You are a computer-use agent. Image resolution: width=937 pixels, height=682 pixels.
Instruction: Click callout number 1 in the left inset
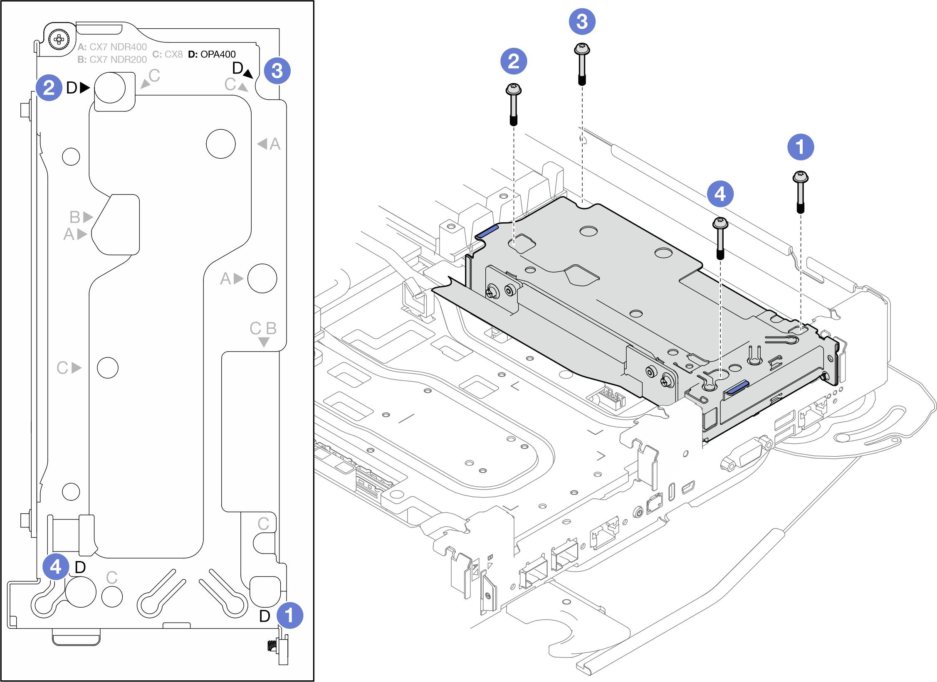(x=290, y=616)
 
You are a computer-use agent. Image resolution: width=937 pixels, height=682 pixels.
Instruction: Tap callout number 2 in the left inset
(x=49, y=88)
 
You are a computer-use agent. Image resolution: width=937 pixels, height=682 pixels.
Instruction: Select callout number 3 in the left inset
(x=277, y=71)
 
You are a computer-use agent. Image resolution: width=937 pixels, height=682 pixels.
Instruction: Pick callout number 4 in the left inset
(x=56, y=566)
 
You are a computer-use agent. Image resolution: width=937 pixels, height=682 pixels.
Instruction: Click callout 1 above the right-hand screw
(x=801, y=147)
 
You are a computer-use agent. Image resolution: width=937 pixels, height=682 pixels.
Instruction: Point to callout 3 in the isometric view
(x=582, y=22)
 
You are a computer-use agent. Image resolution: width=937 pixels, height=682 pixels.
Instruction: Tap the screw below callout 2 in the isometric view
(x=514, y=104)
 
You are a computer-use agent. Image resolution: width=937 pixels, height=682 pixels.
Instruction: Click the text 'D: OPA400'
(x=212, y=54)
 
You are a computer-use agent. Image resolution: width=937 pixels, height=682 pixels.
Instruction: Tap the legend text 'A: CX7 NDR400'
(x=112, y=47)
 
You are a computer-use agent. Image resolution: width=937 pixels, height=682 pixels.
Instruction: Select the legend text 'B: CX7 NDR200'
(x=112, y=59)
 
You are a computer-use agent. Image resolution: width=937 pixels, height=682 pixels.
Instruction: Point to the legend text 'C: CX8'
(x=168, y=54)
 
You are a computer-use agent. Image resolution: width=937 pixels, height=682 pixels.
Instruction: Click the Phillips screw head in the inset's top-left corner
(x=59, y=39)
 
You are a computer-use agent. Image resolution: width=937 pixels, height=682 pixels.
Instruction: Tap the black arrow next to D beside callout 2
(x=85, y=88)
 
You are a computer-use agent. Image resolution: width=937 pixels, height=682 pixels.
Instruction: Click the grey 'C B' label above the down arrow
(x=263, y=328)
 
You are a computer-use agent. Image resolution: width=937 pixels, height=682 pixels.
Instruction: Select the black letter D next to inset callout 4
(x=80, y=567)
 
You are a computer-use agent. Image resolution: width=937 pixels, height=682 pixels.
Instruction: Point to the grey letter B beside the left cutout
(x=75, y=217)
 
